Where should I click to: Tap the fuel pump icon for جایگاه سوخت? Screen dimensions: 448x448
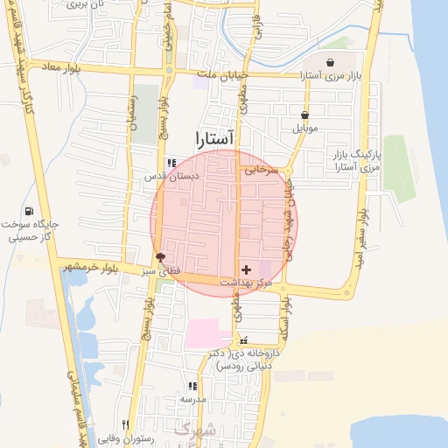[31, 210]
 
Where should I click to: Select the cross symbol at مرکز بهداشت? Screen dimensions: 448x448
[245, 269]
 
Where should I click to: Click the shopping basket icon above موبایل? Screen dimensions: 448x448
[304, 115]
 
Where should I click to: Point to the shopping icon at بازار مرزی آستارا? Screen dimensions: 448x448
[330, 62]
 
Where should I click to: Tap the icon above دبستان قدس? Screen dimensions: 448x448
[171, 162]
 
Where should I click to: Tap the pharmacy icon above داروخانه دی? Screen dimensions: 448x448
[243, 340]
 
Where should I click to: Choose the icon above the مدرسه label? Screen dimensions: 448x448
[192, 385]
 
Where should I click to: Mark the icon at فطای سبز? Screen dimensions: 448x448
[159, 257]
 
